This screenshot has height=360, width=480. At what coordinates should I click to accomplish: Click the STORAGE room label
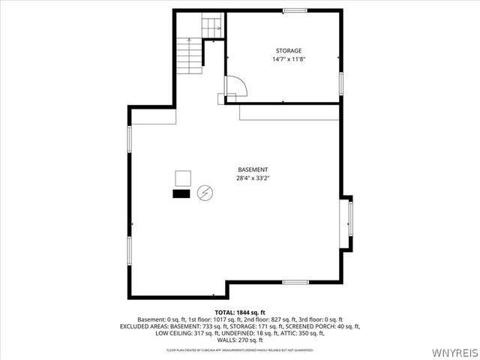click(x=288, y=51)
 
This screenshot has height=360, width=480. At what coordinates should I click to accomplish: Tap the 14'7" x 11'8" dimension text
click(x=288, y=60)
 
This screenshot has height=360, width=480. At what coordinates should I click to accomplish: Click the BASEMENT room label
click(x=253, y=169)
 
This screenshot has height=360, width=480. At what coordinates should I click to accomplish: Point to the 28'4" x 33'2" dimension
click(x=253, y=178)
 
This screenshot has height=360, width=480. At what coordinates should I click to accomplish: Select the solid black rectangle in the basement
click(x=181, y=193)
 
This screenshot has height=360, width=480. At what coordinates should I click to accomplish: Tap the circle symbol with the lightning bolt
click(x=204, y=194)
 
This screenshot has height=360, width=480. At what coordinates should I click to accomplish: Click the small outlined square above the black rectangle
click(x=182, y=178)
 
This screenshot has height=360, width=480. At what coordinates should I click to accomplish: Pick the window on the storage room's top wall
click(x=295, y=10)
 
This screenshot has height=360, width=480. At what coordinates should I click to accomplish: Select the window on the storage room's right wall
click(x=340, y=82)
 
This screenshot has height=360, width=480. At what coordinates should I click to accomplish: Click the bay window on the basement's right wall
click(x=348, y=223)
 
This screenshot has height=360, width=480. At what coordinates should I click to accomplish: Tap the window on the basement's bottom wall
click(x=295, y=282)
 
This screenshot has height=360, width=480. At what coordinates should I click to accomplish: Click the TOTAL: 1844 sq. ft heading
click(x=240, y=312)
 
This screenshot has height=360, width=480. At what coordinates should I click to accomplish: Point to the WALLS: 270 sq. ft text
click(x=240, y=340)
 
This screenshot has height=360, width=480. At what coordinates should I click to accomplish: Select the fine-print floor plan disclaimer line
click(x=240, y=349)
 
